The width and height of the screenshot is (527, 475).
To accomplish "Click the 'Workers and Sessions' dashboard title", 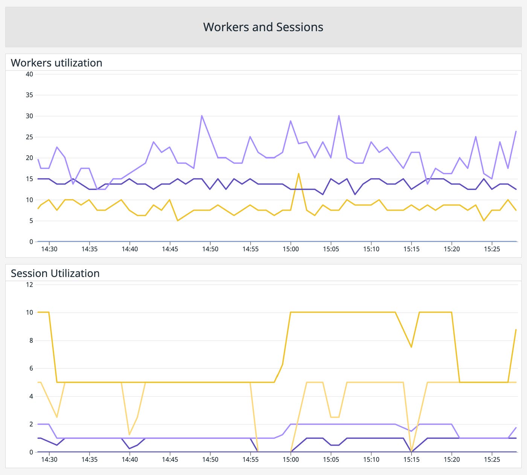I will pyautogui.click(x=263, y=27).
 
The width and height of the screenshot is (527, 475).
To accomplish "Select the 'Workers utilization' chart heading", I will pyautogui.click(x=56, y=63).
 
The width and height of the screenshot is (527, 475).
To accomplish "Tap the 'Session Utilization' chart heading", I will pyautogui.click(x=55, y=273).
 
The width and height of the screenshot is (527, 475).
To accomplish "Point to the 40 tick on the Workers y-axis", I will pyautogui.click(x=29, y=74).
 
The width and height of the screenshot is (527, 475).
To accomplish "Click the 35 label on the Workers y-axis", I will pyautogui.click(x=29, y=95).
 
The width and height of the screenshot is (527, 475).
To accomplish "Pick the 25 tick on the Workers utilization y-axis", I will pyautogui.click(x=29, y=137).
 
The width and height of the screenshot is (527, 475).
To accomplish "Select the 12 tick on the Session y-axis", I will pyautogui.click(x=29, y=284).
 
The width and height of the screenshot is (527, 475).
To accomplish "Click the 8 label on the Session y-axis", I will pyautogui.click(x=31, y=340).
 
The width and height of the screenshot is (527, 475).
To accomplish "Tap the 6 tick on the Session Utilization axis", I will pyautogui.click(x=31, y=368).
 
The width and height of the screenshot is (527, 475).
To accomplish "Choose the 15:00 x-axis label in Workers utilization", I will pyautogui.click(x=291, y=249).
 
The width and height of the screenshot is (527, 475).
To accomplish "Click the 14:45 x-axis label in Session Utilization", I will pyautogui.click(x=170, y=459).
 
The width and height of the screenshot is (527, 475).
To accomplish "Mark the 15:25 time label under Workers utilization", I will pyautogui.click(x=492, y=249).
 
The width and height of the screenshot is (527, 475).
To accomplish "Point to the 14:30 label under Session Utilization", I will pyautogui.click(x=49, y=459).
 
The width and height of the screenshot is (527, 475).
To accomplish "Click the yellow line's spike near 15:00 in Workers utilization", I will pyautogui.click(x=299, y=174).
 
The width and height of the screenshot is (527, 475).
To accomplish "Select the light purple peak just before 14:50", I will pyautogui.click(x=202, y=116).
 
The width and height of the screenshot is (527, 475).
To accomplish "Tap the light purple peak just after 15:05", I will pyautogui.click(x=339, y=116).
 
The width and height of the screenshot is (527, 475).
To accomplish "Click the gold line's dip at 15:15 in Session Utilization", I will pyautogui.click(x=411, y=347).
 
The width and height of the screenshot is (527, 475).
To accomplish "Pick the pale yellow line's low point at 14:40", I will pyautogui.click(x=129, y=434).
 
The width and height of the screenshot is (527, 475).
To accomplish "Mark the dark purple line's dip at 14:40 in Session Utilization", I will pyautogui.click(x=129, y=448).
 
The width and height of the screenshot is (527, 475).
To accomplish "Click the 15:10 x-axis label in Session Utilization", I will pyautogui.click(x=371, y=459).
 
